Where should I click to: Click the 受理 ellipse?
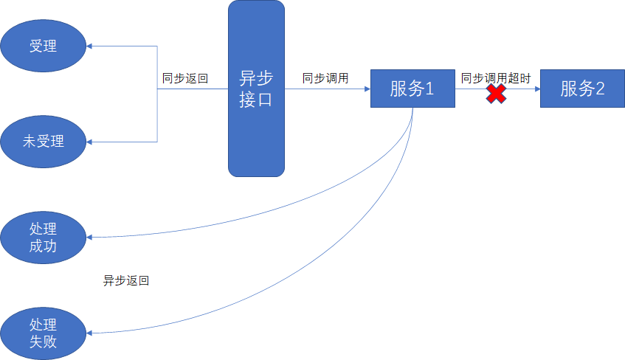(x=43, y=46)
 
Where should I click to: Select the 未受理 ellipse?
(x=43, y=141)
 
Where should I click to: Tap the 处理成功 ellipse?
(x=43, y=237)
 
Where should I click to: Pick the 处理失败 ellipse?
(x=43, y=333)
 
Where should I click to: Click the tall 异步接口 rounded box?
(x=256, y=89)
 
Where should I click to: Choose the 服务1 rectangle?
(x=412, y=89)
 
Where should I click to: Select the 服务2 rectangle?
(x=582, y=89)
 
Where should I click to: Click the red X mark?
(x=496, y=94)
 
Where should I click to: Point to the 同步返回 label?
(x=185, y=77)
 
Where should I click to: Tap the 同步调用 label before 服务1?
(x=325, y=77)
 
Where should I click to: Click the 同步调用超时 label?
(x=496, y=77)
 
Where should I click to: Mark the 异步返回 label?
(x=126, y=281)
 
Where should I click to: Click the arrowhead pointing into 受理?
(x=90, y=46)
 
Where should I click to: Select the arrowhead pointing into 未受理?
(x=90, y=141)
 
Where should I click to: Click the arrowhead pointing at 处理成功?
(x=90, y=238)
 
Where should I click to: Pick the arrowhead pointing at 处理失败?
(x=90, y=333)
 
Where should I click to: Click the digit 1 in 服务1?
(x=429, y=89)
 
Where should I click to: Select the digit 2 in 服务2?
(x=600, y=89)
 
